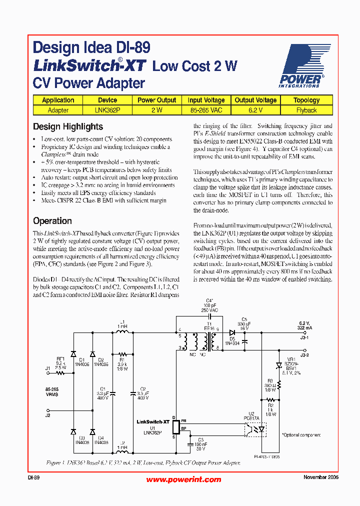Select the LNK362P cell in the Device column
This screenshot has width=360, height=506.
[x=107, y=110]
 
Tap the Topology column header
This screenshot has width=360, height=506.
[x=306, y=100]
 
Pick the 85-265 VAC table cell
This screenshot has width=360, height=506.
[x=206, y=110]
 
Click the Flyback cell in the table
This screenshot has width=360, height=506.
[x=306, y=110]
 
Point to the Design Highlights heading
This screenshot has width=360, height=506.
[x=68, y=126]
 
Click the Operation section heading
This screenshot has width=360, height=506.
[x=52, y=220]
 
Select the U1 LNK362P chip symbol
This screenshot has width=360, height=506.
[x=175, y=427]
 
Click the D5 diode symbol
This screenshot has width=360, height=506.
[x=232, y=331]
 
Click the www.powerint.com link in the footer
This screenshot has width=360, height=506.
[x=183, y=479]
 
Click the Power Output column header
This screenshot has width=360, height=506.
[x=156, y=100]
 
